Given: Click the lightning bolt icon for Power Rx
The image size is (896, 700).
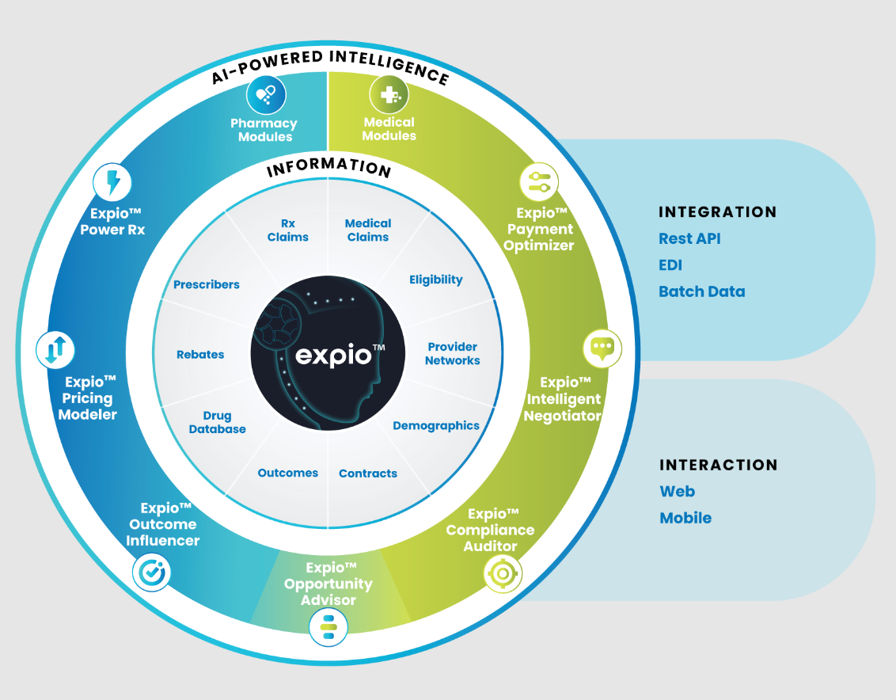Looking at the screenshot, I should (x=112, y=183).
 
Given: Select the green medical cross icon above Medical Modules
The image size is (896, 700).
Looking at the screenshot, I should (x=389, y=95).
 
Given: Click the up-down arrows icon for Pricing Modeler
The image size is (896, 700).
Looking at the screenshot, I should (x=55, y=349).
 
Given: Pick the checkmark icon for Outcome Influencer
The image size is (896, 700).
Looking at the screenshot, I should (x=151, y=572).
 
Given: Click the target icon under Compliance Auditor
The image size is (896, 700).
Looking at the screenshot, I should (x=503, y=572).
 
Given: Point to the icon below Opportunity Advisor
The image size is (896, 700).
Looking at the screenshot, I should (x=328, y=629).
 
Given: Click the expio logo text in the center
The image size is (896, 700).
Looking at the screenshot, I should (x=333, y=355).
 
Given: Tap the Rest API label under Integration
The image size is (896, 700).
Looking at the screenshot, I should (x=689, y=238).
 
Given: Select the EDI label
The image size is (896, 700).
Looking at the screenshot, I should (x=670, y=265).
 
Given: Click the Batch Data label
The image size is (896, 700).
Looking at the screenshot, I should (x=701, y=291).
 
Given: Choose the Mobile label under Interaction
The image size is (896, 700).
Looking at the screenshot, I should (x=685, y=518).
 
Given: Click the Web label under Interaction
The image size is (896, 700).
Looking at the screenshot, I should (x=677, y=491).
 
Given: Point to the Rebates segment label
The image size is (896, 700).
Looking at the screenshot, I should (x=200, y=355).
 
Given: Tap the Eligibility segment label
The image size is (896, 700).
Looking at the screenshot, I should (x=436, y=280).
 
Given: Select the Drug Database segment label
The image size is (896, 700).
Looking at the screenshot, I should (x=217, y=422).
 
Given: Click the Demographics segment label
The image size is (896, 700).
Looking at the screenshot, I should (x=436, y=425).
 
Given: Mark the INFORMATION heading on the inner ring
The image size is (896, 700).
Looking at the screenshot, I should (x=328, y=167).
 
